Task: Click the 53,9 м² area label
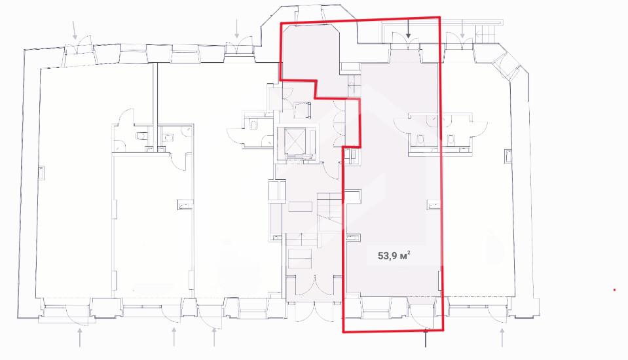tap(394, 255)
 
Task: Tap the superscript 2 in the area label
tap(409, 252)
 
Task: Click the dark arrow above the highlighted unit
tap(408, 29)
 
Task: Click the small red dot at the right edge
tap(615, 289)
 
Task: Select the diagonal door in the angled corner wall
tap(505, 67)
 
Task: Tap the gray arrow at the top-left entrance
tap(75, 29)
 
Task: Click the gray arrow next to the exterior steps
tap(462, 29)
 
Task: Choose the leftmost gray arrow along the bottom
tap(81, 337)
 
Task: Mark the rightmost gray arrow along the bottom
tap(502, 337)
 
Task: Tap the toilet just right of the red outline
tap(451, 139)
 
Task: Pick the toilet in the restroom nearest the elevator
tap(253, 124)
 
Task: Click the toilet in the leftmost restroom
tap(141, 136)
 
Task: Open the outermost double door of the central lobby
tap(314, 312)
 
